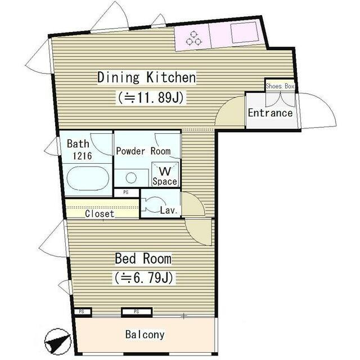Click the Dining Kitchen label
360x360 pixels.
pyautogui.click(x=147, y=78)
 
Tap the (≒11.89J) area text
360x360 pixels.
pyautogui.click(x=151, y=98)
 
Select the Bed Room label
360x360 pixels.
pyautogui.click(x=143, y=259)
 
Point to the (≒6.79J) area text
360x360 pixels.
pyautogui.click(x=143, y=278)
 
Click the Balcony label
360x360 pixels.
pyautogui.click(x=145, y=335)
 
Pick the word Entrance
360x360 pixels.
pyautogui.click(x=270, y=113)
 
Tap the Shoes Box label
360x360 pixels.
pyautogui.click(x=280, y=86)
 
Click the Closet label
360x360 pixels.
pyautogui.click(x=100, y=214)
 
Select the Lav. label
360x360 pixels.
pyautogui.click(x=169, y=210)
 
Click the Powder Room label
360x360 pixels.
pyautogui.click(x=143, y=151)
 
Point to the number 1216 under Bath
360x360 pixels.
pyautogui.click(x=82, y=156)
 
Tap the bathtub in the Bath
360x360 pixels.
pyautogui.click(x=88, y=179)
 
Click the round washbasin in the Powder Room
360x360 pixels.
pyautogui.click(x=131, y=178)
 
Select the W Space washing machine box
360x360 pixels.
pyautogui.click(x=165, y=174)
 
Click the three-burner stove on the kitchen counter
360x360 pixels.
pyautogui.click(x=193, y=38)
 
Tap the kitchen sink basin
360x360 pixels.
pyautogui.click(x=244, y=33)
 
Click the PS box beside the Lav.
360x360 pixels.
pyautogui.click(x=126, y=192)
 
